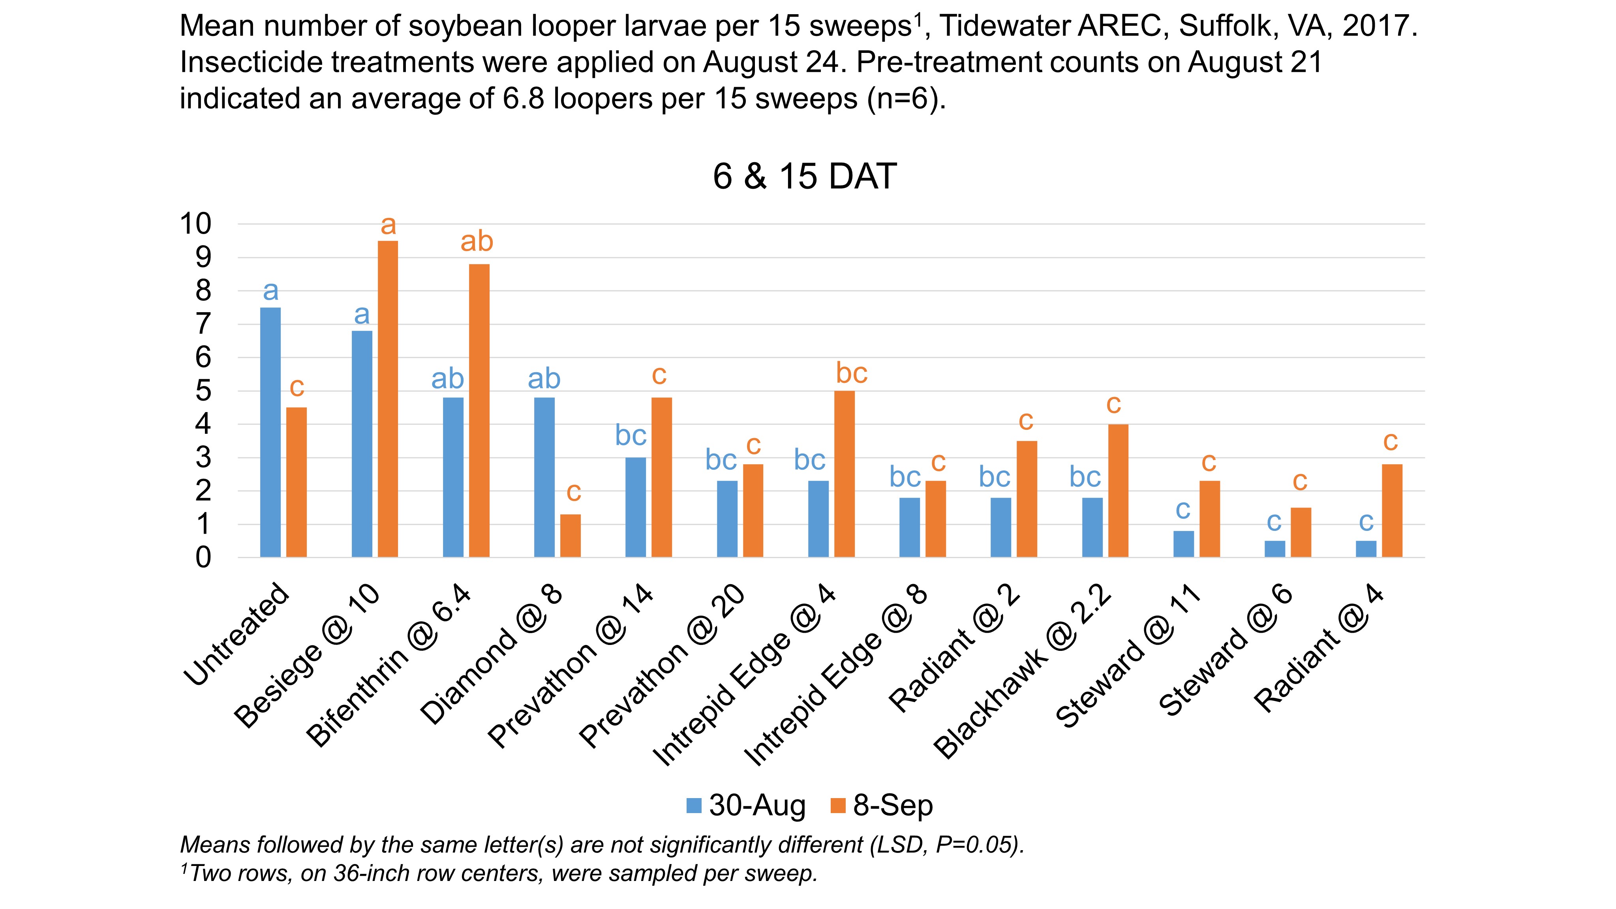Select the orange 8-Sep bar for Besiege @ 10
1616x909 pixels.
[x=388, y=399]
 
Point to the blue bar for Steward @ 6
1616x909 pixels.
[x=1275, y=549]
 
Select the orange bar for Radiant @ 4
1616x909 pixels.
[x=1392, y=511]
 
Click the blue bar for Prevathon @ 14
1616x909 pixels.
[x=636, y=508]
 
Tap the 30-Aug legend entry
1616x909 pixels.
[x=747, y=806]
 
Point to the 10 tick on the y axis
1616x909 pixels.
[x=196, y=223]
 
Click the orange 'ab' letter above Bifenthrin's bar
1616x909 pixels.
[x=477, y=242]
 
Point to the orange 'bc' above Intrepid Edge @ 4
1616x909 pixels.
[x=851, y=374]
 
